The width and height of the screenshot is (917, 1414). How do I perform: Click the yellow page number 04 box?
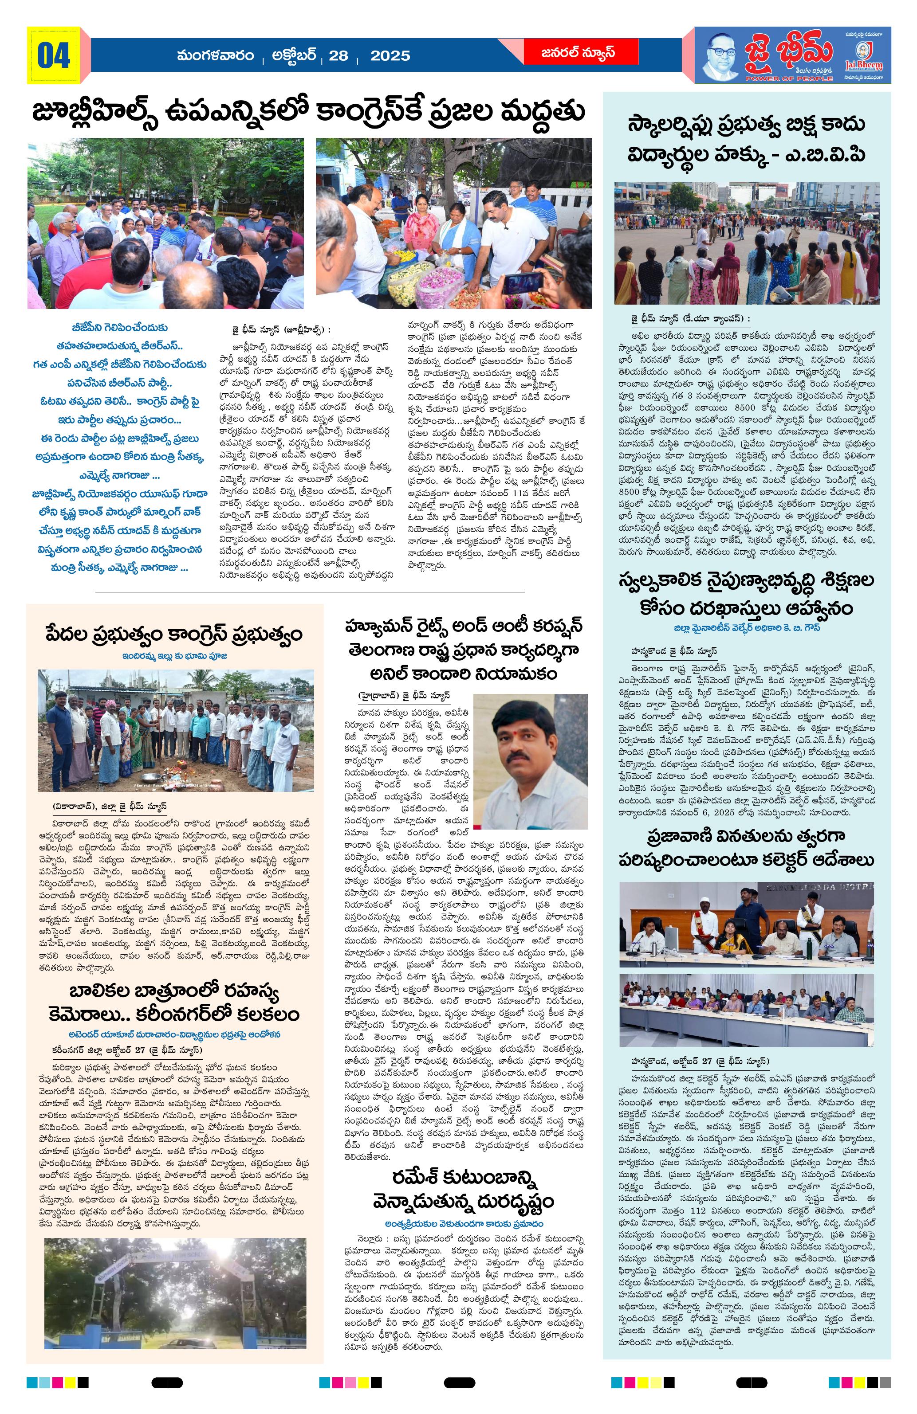pos(54,55)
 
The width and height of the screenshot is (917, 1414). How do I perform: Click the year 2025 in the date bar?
pos(390,56)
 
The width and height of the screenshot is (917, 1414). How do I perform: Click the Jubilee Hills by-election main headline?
pos(309,111)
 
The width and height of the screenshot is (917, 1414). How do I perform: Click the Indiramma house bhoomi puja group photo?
pos(176,730)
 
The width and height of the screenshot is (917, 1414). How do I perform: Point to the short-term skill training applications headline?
pos(747,595)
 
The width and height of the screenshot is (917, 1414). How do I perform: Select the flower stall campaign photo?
pos(453,223)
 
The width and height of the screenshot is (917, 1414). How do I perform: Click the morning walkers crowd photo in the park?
pos(165,223)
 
